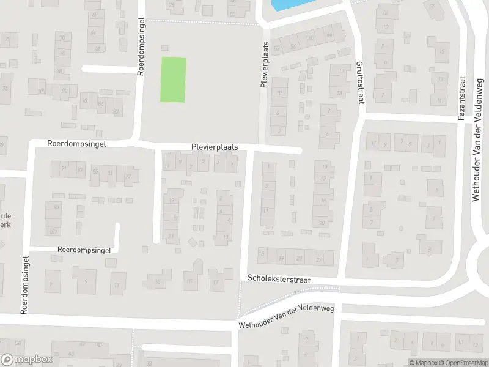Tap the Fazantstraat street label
(x=462, y=98)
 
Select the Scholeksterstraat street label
(x=279, y=278)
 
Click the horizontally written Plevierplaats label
(x=214, y=147)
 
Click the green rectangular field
(x=173, y=80)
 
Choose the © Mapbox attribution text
(x=421, y=363)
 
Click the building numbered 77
(x=128, y=176)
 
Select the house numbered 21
(x=171, y=237)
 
